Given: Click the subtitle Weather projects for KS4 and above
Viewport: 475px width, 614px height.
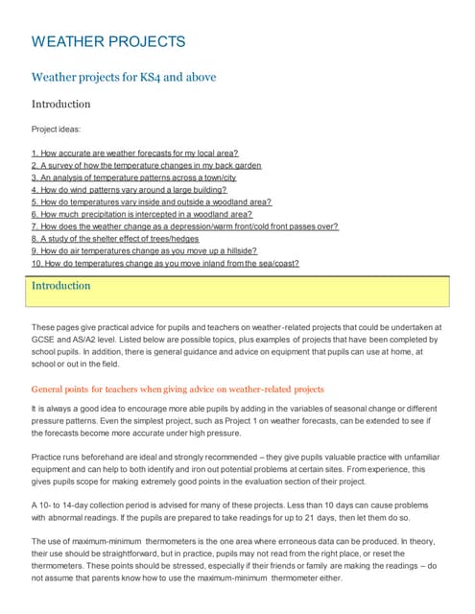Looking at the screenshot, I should click(x=124, y=77).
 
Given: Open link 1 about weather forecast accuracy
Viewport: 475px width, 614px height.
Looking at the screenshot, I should click(x=134, y=153).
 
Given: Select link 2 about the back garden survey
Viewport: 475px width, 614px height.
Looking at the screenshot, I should click(x=146, y=165).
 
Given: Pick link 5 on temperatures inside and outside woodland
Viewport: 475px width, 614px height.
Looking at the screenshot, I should click(x=152, y=202).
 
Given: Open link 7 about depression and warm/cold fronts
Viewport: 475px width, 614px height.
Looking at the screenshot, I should click(x=184, y=227).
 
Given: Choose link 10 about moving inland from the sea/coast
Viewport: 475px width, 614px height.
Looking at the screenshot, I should click(x=165, y=264).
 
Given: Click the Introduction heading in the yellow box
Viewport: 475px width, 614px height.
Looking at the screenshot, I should click(x=61, y=286).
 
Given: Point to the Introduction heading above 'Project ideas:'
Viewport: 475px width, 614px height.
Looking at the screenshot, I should click(x=61, y=104).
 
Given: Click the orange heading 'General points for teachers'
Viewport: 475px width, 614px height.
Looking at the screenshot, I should click(x=178, y=390).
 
